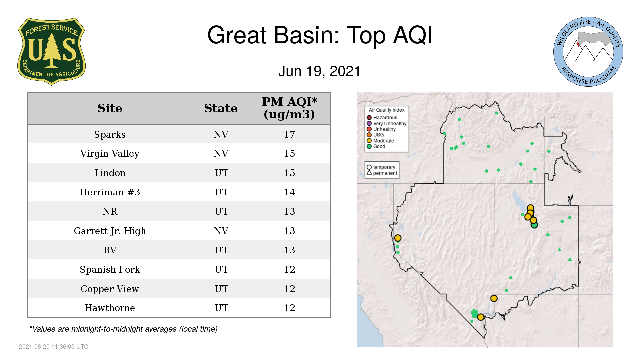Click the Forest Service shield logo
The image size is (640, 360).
[51, 52]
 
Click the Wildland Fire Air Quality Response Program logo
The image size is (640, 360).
[588, 52]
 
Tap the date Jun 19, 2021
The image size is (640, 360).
[319, 71]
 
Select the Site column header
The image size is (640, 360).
[110, 108]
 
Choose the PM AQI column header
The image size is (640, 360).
[289, 108]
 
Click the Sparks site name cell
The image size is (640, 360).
[110, 134]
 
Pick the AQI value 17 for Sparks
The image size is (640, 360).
[289, 134]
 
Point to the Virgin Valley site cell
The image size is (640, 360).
[110, 154]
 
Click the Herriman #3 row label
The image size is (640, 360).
[110, 192]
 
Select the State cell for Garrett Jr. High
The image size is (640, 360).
[221, 231]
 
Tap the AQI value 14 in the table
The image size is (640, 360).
[289, 192]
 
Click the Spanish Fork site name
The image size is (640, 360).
[110, 269]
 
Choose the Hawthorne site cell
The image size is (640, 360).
[110, 308]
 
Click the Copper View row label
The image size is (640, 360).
[110, 289]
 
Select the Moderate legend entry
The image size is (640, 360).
[380, 141]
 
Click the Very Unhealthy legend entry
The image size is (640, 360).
[387, 123]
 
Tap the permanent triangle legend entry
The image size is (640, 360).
[382, 173]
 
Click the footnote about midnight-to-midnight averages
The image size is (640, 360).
[123, 329]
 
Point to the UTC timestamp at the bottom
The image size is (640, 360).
[54, 347]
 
